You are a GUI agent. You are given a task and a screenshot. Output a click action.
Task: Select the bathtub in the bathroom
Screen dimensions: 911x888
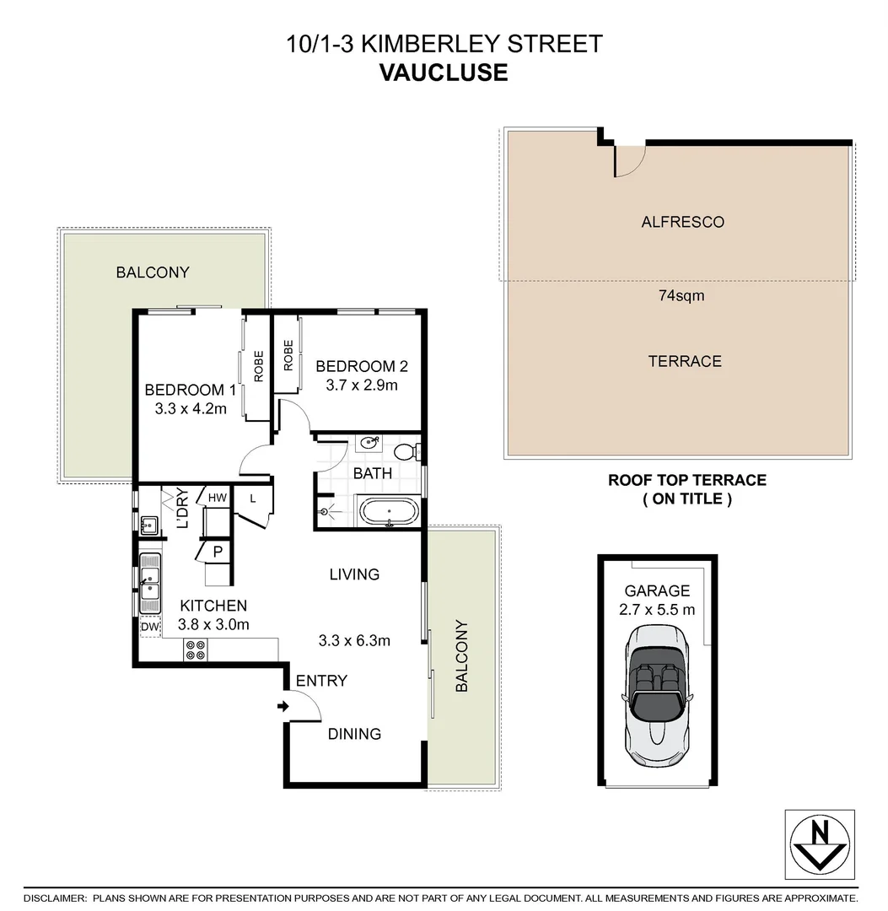(388, 512)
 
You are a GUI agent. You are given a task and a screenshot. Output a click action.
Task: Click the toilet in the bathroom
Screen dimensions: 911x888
(407, 451)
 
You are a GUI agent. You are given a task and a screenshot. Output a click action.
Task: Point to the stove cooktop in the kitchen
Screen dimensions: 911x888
(196, 650)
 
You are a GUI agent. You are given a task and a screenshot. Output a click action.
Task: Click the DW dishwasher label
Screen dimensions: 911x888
(150, 627)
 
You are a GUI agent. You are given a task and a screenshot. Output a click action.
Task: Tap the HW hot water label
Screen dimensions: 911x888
(218, 499)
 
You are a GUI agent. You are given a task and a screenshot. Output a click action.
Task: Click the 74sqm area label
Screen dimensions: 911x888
(681, 295)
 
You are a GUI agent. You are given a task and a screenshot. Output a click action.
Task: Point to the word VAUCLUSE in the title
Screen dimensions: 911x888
(444, 73)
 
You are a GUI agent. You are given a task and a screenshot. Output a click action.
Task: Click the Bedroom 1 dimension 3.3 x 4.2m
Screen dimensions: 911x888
(191, 409)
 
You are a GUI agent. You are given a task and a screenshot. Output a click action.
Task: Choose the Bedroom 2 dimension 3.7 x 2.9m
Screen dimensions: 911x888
(361, 385)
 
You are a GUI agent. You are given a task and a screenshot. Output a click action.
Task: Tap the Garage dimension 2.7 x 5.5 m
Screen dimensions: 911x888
(657, 610)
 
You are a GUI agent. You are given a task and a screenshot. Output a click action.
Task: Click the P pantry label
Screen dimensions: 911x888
(217, 553)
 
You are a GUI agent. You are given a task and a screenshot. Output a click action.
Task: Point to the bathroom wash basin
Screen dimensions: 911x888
(369, 444)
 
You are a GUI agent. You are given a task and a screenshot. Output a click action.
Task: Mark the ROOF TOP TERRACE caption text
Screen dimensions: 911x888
(687, 480)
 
